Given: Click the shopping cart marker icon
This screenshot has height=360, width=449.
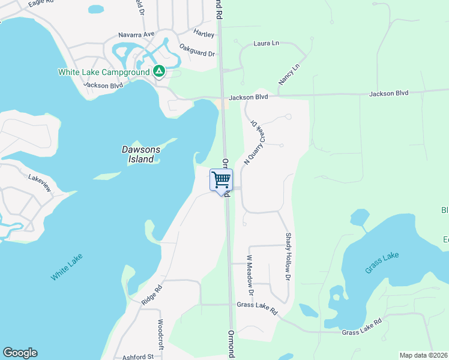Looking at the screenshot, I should [221, 179].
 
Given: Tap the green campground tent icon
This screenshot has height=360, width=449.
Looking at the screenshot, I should [158, 72].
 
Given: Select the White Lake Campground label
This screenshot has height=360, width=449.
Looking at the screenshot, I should [103, 73].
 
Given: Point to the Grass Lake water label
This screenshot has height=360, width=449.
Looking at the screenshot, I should [382, 263].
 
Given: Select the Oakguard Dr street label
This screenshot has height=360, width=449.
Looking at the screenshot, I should [197, 53].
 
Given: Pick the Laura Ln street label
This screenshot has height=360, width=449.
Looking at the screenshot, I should [267, 43].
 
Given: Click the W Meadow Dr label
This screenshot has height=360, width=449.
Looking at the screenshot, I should [250, 275].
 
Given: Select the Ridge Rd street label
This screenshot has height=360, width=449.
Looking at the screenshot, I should [152, 295].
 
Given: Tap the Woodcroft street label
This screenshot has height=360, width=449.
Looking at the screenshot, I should [161, 334].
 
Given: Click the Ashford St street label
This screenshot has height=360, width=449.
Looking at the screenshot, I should [138, 357].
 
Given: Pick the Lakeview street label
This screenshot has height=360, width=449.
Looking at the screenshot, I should [41, 178].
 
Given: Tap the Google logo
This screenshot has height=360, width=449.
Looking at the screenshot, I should [20, 353].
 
